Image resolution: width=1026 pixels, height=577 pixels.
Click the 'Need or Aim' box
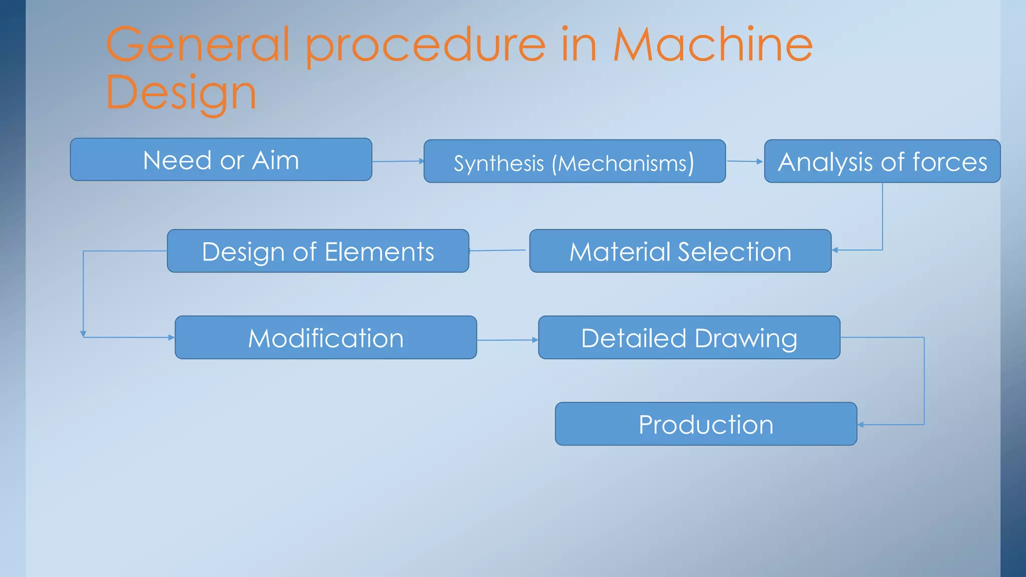pyautogui.click(x=221, y=160)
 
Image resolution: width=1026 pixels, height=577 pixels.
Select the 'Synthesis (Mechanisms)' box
pyautogui.click(x=574, y=161)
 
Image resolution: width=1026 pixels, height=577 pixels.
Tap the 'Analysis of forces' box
pyautogui.click(x=882, y=161)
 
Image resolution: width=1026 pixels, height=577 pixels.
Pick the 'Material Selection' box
pyautogui.click(x=680, y=251)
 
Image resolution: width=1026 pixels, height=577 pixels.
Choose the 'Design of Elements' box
pyautogui.click(x=318, y=251)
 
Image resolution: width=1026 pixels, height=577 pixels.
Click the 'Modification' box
pyautogui.click(x=326, y=337)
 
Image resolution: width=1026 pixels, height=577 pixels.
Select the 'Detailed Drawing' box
pyautogui.click(x=689, y=337)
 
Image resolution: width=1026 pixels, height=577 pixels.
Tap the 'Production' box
pyautogui.click(x=705, y=424)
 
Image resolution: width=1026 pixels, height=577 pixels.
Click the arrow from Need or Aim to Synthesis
pyautogui.click(x=398, y=161)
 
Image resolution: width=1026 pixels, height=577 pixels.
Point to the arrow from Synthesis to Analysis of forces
pyautogui.click(x=744, y=161)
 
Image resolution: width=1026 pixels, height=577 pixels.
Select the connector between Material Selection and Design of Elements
pyautogui.click(x=498, y=250)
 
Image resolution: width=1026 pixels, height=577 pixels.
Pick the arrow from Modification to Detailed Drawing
pyautogui.click(x=507, y=340)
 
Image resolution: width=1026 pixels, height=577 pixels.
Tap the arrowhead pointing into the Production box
pyautogui.click(x=861, y=425)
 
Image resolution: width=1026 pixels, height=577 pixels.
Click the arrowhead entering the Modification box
pyautogui.click(x=171, y=338)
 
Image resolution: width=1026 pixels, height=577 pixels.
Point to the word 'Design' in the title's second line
pyautogui.click(x=181, y=93)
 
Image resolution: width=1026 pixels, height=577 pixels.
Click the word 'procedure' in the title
pyautogui.click(x=425, y=46)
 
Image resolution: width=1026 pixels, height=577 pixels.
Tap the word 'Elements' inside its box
pyautogui.click(x=379, y=251)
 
